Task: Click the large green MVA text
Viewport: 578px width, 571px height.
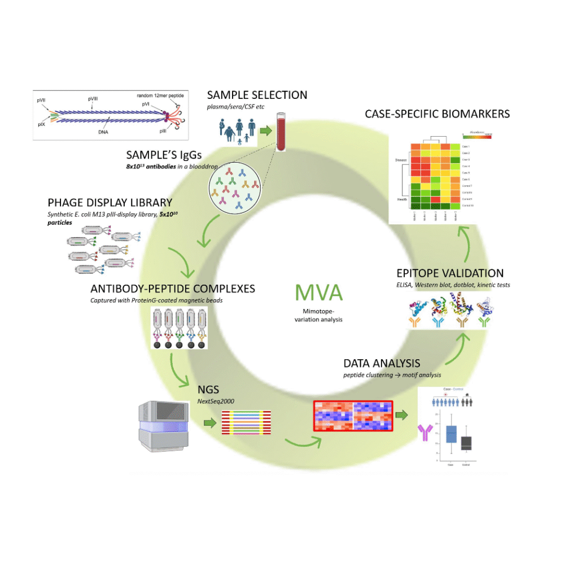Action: [319, 293]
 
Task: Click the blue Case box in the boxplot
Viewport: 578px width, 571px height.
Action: [451, 434]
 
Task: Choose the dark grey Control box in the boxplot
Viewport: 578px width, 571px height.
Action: [466, 443]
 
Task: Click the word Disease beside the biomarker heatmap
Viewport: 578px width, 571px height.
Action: [401, 160]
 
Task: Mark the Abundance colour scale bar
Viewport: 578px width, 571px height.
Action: [477, 136]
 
